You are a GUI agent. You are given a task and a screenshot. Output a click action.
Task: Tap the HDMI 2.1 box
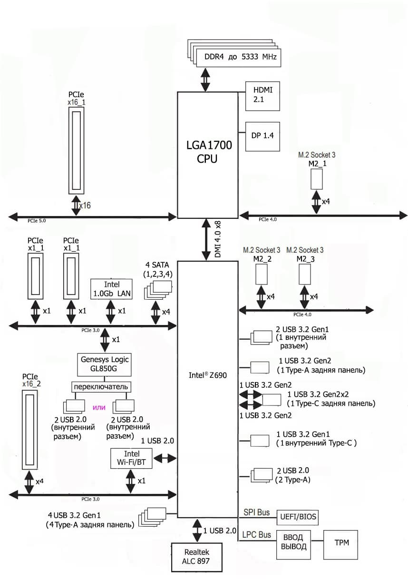[x=262, y=96]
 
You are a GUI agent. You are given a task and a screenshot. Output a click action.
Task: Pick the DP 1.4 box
[x=262, y=136]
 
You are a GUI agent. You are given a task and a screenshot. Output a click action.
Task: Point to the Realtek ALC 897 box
[x=196, y=556]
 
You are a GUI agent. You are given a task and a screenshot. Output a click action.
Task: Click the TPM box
[x=340, y=542]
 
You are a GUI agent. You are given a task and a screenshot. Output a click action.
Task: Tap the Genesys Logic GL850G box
[x=104, y=364]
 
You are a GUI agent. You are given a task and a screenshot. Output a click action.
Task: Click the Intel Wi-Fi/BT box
[x=131, y=458]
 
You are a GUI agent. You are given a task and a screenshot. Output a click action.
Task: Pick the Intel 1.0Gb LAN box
[x=111, y=289]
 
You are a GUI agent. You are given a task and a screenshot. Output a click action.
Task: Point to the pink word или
[x=98, y=407]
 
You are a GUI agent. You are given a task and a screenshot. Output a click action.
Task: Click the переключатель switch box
[x=101, y=386]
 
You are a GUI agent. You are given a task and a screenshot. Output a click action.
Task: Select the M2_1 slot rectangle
[x=317, y=178]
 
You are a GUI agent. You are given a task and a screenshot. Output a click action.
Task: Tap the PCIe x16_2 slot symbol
[x=30, y=428]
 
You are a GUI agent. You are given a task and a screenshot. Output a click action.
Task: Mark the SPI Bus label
[x=256, y=512]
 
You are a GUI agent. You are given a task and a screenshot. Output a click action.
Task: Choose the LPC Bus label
[x=257, y=535]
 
